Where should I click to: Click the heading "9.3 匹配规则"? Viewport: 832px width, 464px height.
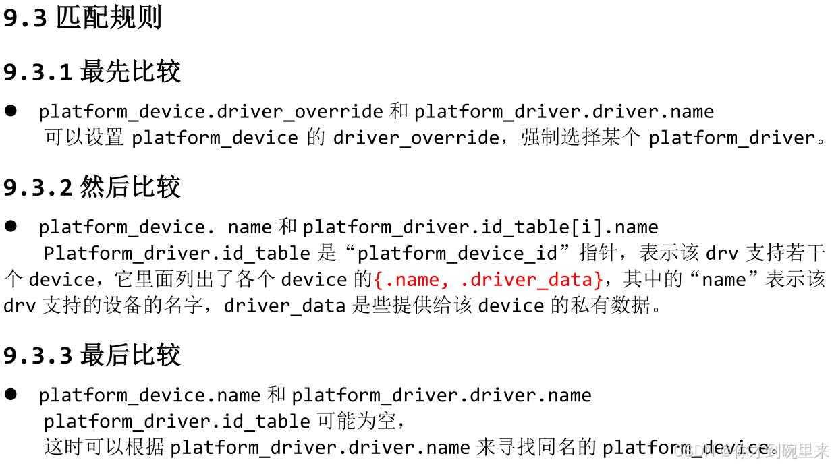82,18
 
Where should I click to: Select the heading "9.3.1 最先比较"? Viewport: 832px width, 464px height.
92,71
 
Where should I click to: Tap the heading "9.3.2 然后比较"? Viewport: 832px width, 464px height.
92,187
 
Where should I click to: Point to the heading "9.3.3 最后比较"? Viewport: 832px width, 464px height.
92,355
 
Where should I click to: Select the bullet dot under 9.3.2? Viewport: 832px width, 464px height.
11,227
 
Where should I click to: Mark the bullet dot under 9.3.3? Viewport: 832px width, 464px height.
11,395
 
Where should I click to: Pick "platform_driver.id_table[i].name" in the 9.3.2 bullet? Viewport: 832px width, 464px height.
480,227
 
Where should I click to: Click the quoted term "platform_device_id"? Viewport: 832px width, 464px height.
457,254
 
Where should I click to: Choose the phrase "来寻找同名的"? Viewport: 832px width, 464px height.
536,447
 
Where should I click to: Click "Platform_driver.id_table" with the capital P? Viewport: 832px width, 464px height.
177,254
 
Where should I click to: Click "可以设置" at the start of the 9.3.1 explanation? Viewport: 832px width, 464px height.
84,138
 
